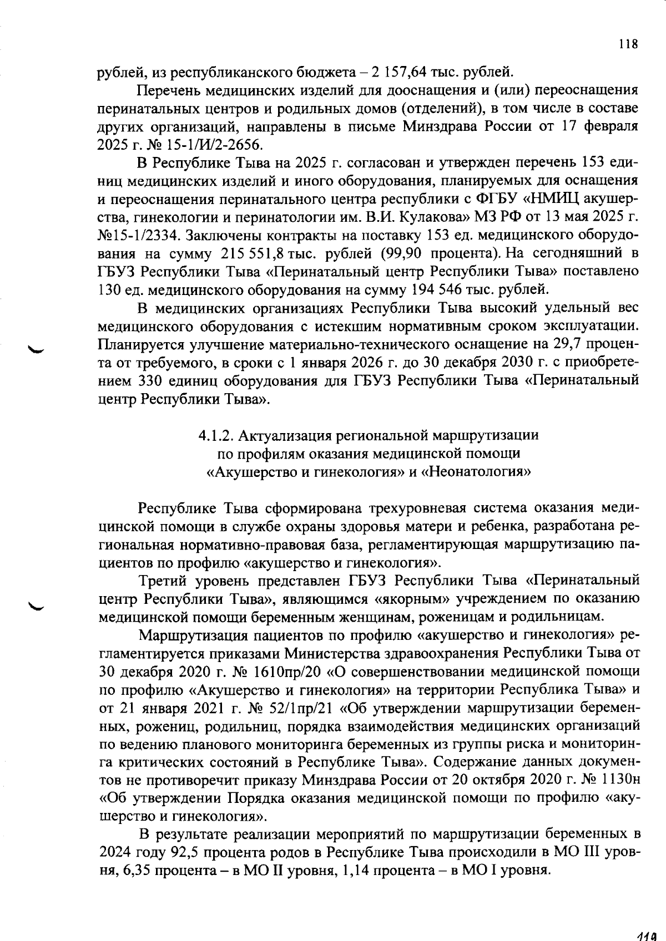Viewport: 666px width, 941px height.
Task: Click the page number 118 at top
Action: pos(628,44)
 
